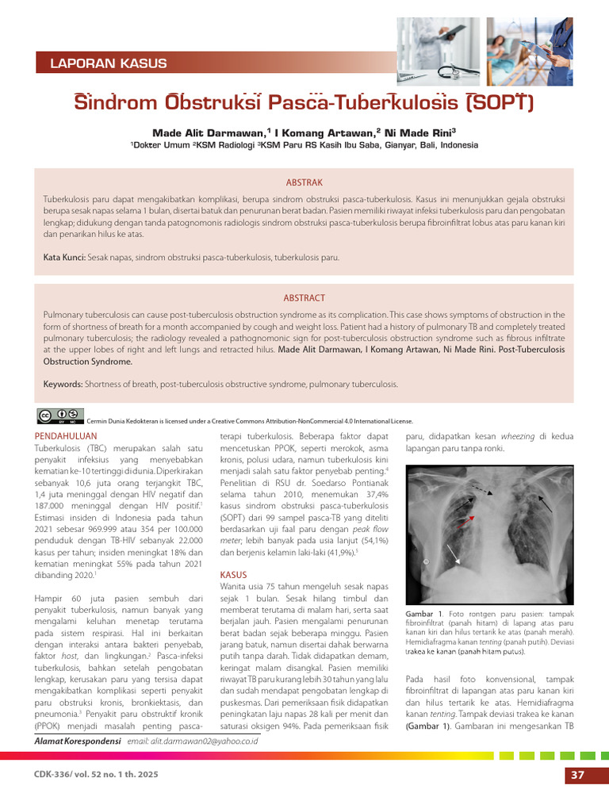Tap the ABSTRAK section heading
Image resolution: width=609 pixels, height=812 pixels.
[304, 182]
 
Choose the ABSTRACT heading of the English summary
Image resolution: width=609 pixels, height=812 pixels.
[304, 297]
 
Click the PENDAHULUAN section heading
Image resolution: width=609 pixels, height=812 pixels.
[67, 436]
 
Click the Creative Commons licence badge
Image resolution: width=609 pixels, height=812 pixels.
[59, 415]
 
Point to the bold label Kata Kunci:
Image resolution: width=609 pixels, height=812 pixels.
[64, 258]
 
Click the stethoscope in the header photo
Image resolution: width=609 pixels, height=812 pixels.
[444, 70]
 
